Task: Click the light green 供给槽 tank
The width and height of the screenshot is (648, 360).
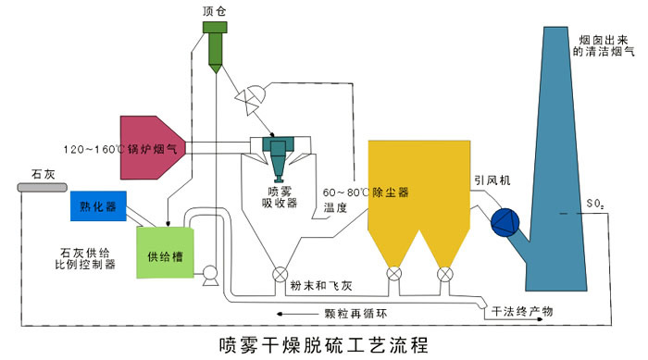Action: click(167, 251)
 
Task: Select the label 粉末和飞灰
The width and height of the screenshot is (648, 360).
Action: click(320, 287)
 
